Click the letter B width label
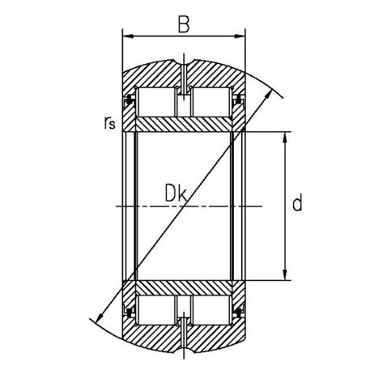[x=185, y=24]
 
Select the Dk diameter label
[x=174, y=194]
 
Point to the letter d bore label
[x=297, y=204]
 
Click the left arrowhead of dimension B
[x=126, y=36]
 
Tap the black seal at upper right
[x=240, y=100]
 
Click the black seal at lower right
[x=240, y=312]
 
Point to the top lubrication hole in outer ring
[x=185, y=77]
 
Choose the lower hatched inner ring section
[x=185, y=287]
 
